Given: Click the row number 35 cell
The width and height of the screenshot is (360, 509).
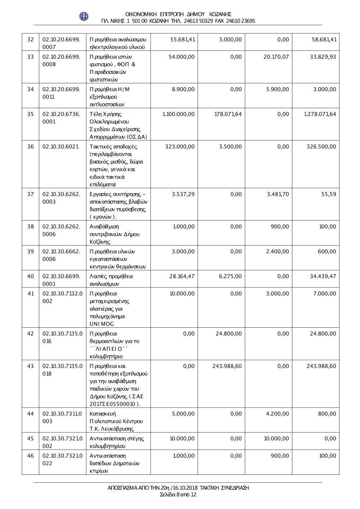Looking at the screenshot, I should (x=31, y=114).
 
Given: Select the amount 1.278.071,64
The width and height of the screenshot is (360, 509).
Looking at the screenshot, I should (x=320, y=114).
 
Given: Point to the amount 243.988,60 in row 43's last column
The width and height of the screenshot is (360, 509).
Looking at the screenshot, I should (x=321, y=366).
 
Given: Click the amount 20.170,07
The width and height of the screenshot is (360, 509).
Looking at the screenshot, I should (x=276, y=56).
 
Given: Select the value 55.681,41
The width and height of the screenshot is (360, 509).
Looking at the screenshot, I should (x=182, y=39).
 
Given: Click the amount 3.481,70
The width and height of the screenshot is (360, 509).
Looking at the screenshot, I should (x=278, y=194).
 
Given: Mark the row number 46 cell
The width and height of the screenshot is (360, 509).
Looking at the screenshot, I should (x=31, y=456).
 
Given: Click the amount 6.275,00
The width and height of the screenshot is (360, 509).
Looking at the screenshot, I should (x=230, y=276).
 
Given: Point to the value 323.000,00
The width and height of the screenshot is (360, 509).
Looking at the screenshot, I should (x=180, y=146).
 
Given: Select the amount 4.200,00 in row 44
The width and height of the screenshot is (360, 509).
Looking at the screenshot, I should (x=278, y=414).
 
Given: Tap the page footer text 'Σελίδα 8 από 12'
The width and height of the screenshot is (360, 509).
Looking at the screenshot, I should (x=178, y=495).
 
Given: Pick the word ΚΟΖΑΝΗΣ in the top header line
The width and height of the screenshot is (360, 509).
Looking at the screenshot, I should (x=219, y=14).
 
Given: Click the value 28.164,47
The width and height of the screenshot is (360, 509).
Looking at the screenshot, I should (x=182, y=276).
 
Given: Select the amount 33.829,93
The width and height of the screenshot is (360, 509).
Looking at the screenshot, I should (x=323, y=56).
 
